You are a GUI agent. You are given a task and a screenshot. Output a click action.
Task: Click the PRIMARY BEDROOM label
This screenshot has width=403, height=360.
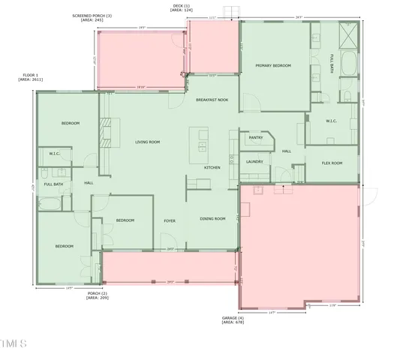pyautogui.click(x=272, y=66)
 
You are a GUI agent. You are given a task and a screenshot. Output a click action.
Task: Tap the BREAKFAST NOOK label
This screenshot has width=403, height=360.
pyautogui.click(x=211, y=100)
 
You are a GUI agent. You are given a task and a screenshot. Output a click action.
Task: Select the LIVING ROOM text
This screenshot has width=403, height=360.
pyautogui.click(x=147, y=142)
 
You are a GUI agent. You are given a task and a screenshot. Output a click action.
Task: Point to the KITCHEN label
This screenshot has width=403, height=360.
pyautogui.click(x=212, y=167)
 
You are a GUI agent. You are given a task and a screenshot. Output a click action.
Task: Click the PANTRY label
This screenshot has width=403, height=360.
pyautogui.click(x=256, y=138)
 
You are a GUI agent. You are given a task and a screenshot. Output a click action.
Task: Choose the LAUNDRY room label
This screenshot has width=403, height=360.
pyautogui.click(x=254, y=161)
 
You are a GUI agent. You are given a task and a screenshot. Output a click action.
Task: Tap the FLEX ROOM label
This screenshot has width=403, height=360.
pyautogui.click(x=332, y=163)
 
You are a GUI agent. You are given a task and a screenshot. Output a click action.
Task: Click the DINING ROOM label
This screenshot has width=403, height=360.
pyautogui.click(x=212, y=219)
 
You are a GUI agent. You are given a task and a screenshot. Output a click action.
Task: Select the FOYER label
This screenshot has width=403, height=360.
pyautogui.click(x=170, y=220)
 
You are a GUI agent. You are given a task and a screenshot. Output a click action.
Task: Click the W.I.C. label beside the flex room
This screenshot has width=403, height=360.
pyautogui.click(x=332, y=121)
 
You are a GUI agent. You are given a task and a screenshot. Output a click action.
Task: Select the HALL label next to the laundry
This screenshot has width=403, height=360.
pyautogui.click(x=287, y=151)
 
